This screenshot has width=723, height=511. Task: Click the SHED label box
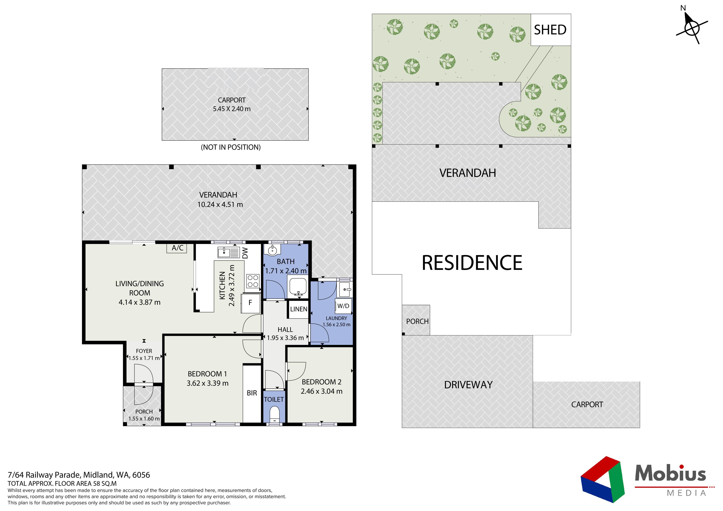[x=551, y=30]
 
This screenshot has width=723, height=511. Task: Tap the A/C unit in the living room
[x=177, y=248]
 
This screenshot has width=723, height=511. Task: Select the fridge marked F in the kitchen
[x=251, y=303]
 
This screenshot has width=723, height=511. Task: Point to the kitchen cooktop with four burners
[x=253, y=281]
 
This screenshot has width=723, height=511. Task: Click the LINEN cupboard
[x=299, y=309]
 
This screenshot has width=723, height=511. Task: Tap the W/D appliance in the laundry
[x=343, y=306]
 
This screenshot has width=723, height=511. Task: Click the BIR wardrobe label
[x=252, y=393]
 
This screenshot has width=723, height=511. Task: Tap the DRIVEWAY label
[x=468, y=385]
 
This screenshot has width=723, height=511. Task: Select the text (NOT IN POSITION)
[x=231, y=147]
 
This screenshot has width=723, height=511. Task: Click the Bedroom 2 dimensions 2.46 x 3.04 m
[x=322, y=391]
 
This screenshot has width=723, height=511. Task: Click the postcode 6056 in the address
[x=141, y=475]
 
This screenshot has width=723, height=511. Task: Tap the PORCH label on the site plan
[x=417, y=321]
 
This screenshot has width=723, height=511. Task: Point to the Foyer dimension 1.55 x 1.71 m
[x=144, y=358]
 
